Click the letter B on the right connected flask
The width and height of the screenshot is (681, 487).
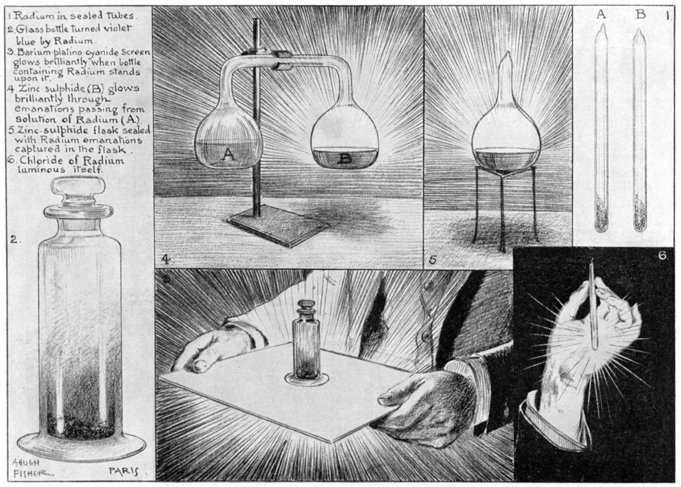click(344, 159)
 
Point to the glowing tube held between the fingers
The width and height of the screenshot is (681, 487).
click(592, 306)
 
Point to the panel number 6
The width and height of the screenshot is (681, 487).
click(662, 255)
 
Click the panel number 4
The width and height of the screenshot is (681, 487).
click(164, 258)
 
